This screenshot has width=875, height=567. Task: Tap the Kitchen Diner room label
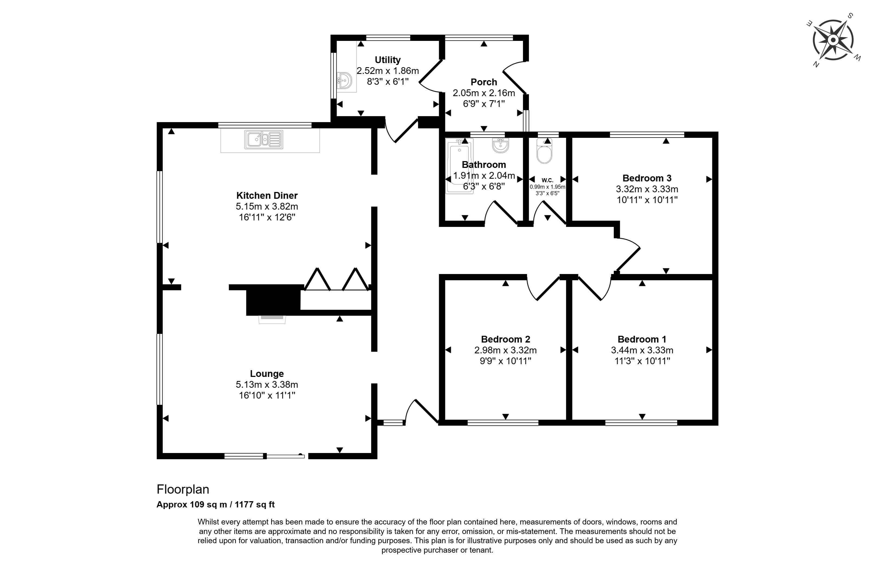(267, 195)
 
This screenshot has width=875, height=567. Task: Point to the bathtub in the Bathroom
(459, 166)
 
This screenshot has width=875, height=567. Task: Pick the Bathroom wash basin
(500, 145)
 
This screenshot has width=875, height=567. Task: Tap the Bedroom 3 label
(647, 178)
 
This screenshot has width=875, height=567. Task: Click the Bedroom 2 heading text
(506, 339)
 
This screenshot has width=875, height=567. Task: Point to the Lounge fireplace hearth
(272, 320)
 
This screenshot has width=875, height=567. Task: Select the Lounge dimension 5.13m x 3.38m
(267, 384)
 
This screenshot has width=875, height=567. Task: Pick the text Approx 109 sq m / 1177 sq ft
(215, 504)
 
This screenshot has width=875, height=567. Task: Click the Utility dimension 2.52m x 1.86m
(388, 70)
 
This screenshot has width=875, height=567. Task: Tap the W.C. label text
(548, 180)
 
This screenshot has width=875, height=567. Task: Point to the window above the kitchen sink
(265, 125)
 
